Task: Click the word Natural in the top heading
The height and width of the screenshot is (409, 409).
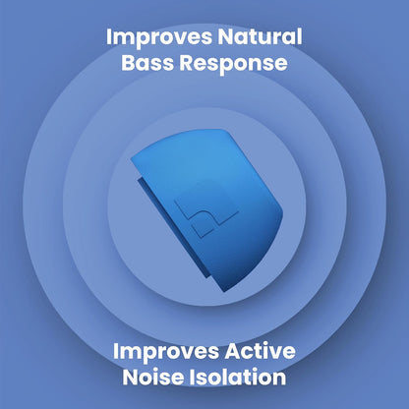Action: pyautogui.click(x=260, y=38)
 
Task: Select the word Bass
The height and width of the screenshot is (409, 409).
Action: pyautogui.click(x=148, y=64)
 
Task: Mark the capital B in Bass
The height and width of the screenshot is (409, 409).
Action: pyautogui.click(x=129, y=64)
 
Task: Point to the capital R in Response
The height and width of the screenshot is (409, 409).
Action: pyautogui.click(x=187, y=64)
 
